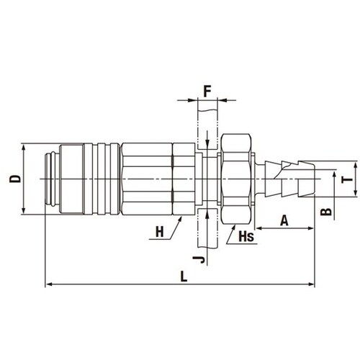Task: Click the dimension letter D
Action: click(15, 179)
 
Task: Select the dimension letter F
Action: click(207, 91)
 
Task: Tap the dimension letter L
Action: click(184, 276)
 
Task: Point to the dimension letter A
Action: click(284, 220)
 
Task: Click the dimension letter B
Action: click(326, 212)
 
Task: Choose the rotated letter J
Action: click(199, 259)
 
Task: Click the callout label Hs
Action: click(246, 236)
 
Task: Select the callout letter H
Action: click(160, 232)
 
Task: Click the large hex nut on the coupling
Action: click(236, 179)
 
